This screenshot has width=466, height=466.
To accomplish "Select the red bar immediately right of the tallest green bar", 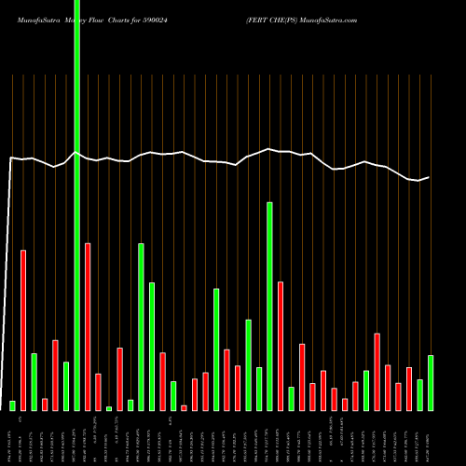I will click(88, 326).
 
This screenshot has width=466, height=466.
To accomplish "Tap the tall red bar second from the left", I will click(23, 330).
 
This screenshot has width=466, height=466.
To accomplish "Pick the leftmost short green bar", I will click(13, 405).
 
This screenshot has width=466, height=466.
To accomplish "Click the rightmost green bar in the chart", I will click(431, 382).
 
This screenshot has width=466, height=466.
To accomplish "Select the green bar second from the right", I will click(420, 394).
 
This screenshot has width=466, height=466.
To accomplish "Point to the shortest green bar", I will click(109, 408).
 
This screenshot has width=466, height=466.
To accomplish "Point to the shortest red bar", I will click(184, 407).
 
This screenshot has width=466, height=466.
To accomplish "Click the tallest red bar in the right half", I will click(280, 346).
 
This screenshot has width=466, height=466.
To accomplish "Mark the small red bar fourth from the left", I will click(45, 404).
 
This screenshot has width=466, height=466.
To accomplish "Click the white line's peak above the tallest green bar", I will click(76, 152).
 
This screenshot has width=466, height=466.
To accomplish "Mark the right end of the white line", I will click(429, 177).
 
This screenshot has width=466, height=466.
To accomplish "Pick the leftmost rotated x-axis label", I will click(13, 438).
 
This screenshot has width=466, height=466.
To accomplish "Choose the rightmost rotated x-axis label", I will click(431, 438).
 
